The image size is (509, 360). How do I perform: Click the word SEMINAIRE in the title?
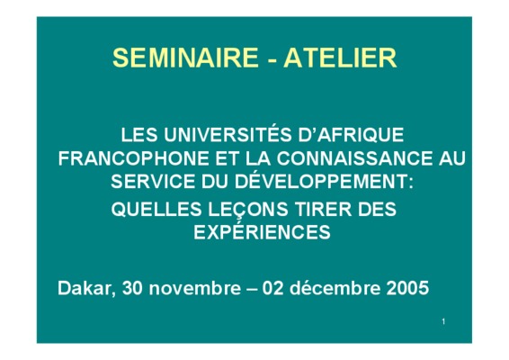tap(185, 58)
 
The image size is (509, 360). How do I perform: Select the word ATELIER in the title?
tap(340, 58)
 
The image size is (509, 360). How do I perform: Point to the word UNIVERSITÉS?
tap(228, 133)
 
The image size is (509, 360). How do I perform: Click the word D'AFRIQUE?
tap(351, 134)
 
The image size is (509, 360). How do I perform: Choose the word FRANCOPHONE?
tap(133, 158)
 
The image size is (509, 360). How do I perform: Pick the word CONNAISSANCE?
tap(355, 158)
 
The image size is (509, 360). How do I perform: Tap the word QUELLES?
tap(156, 209)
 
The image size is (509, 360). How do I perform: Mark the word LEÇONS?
tap(248, 210)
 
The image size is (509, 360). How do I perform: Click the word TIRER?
tap(323, 209)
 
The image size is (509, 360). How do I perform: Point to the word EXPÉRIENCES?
tap(262, 231)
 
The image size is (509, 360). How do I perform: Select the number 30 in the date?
tap(132, 288)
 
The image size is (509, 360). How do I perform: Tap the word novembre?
tap(195, 288)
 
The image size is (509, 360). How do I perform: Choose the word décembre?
tap(335, 288)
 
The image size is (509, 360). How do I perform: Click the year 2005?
tap(407, 288)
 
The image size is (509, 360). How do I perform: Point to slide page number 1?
tap(443, 321)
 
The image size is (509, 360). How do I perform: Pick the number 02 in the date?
tap(272, 288)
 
